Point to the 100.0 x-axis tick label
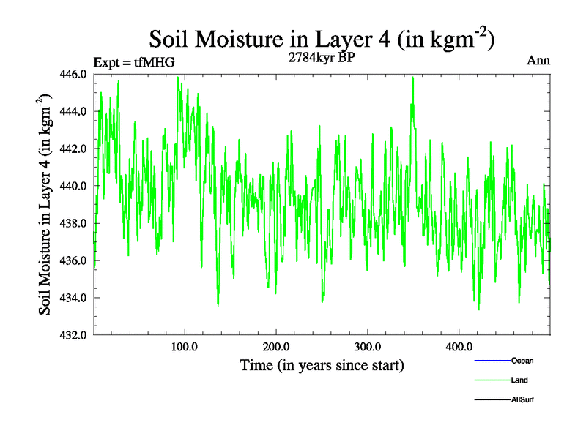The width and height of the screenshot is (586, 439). click(x=185, y=346)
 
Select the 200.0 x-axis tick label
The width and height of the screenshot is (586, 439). click(x=276, y=346)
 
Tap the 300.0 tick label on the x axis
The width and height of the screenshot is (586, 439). click(x=367, y=346)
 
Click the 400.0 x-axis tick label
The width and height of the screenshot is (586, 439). click(x=459, y=346)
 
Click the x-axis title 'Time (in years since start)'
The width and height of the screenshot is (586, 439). click(x=322, y=364)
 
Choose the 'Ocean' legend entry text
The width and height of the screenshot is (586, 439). click(x=522, y=361)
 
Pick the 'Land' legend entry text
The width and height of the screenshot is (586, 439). click(x=519, y=380)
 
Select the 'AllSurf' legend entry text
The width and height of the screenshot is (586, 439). click(x=522, y=400)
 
